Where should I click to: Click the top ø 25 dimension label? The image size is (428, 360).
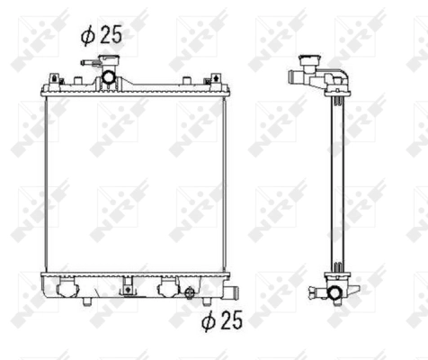pos(100,36)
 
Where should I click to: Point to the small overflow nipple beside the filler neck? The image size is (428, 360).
pos(88,64)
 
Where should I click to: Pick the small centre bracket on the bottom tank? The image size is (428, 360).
pos(127,288)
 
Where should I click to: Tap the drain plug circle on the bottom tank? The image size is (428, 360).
pos(189,292)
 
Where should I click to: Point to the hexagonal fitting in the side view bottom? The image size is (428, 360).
pos(334,293)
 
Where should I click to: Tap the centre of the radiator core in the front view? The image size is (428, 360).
pos(135,180)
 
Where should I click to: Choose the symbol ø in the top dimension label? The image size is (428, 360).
pos(87,36)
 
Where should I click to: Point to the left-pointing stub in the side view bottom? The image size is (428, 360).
pos(314,290)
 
